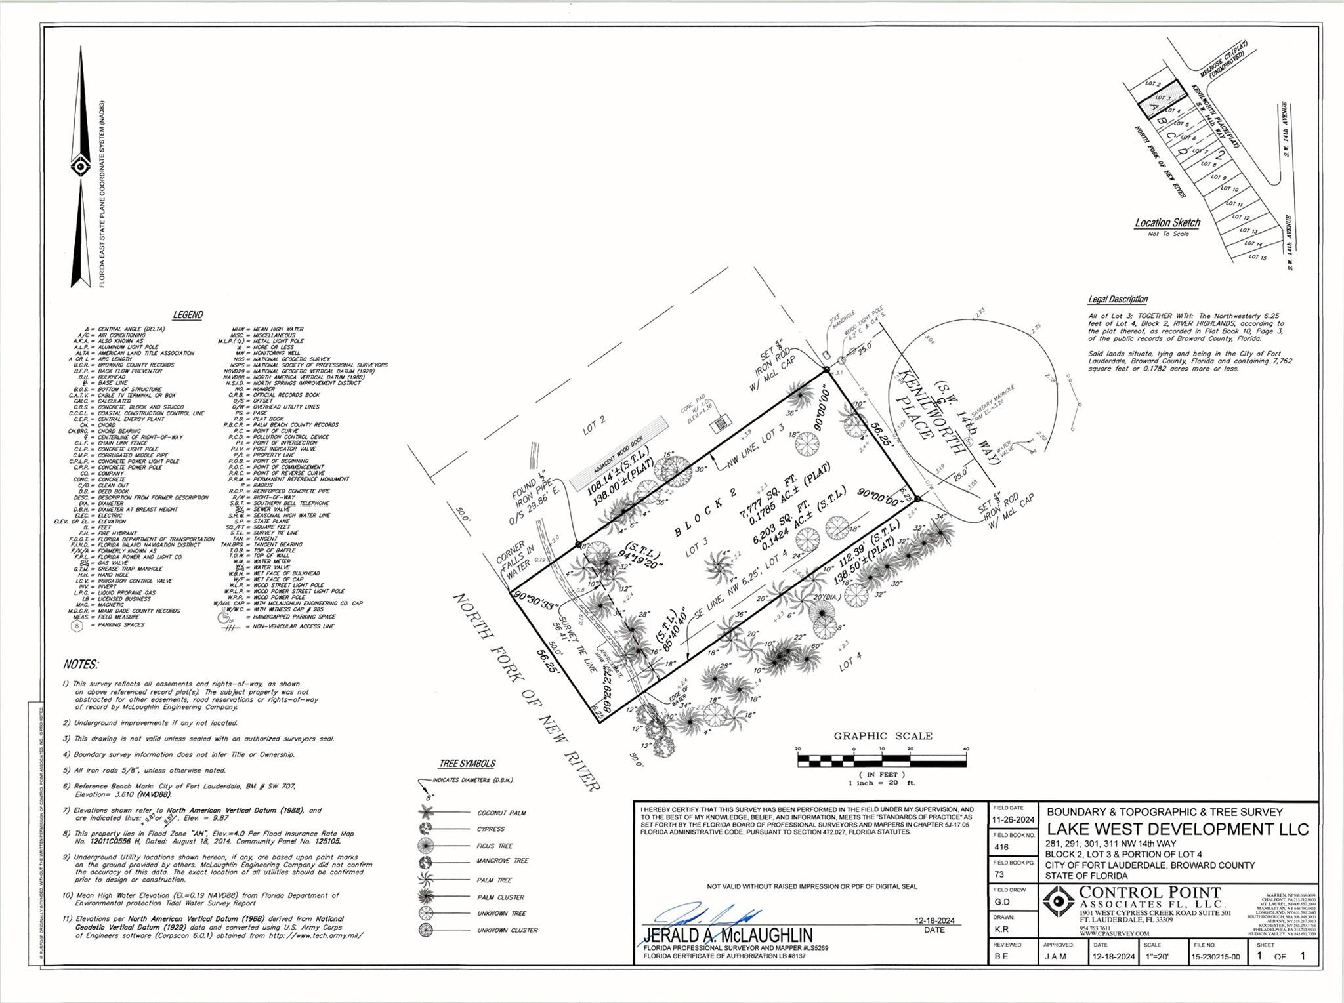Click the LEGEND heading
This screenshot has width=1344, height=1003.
[x=188, y=316]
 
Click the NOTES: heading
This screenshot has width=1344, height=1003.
[x=80, y=665]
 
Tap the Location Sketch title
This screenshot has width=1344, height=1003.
[x=1167, y=223]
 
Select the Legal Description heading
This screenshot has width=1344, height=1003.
[x=1118, y=300]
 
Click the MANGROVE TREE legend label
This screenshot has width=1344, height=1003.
[x=503, y=861]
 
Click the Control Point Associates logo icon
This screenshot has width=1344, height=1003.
[x=1059, y=902]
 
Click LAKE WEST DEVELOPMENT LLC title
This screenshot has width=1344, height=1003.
[x=1177, y=829]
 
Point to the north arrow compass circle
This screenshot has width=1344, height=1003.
[x=80, y=167]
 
